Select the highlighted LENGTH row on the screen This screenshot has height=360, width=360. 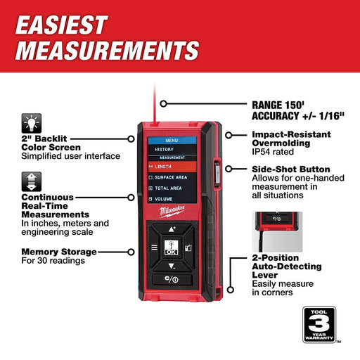(172, 166)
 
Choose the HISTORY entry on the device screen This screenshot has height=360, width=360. (165, 149)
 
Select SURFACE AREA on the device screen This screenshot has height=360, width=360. (172, 176)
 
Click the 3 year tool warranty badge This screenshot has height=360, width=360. (321, 326)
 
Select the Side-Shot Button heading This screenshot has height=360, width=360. (290, 170)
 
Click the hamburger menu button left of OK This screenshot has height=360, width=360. (153, 247)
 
